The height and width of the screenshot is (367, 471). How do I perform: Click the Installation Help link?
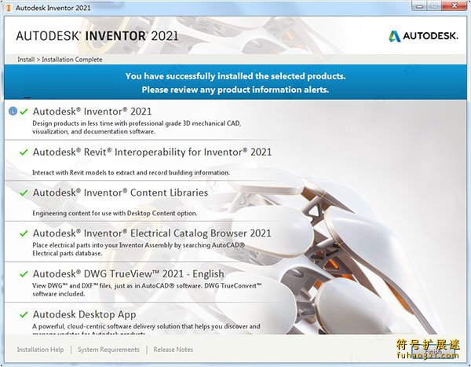(x=40, y=350)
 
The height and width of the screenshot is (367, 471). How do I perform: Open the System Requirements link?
(x=108, y=350)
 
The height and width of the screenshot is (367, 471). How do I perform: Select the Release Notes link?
(x=173, y=350)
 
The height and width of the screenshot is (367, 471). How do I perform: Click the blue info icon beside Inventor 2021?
(x=13, y=112)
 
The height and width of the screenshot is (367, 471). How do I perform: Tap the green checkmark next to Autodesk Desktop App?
(x=24, y=315)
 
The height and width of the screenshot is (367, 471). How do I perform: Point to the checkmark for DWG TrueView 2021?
(x=24, y=274)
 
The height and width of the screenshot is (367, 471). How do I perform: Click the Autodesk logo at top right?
(x=422, y=36)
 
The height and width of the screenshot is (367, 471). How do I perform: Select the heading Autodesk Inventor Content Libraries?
(x=120, y=193)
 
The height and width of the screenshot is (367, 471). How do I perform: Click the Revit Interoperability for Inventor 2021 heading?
(x=152, y=152)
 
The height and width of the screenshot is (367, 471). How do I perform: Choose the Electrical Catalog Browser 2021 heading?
(x=152, y=233)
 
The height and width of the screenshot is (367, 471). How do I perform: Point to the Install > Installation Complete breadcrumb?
(x=60, y=60)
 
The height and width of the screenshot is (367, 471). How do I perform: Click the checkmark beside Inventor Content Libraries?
(x=24, y=193)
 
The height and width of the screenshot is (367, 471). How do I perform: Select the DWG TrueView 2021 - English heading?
(x=128, y=274)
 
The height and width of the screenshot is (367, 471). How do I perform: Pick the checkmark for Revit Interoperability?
(x=24, y=152)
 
